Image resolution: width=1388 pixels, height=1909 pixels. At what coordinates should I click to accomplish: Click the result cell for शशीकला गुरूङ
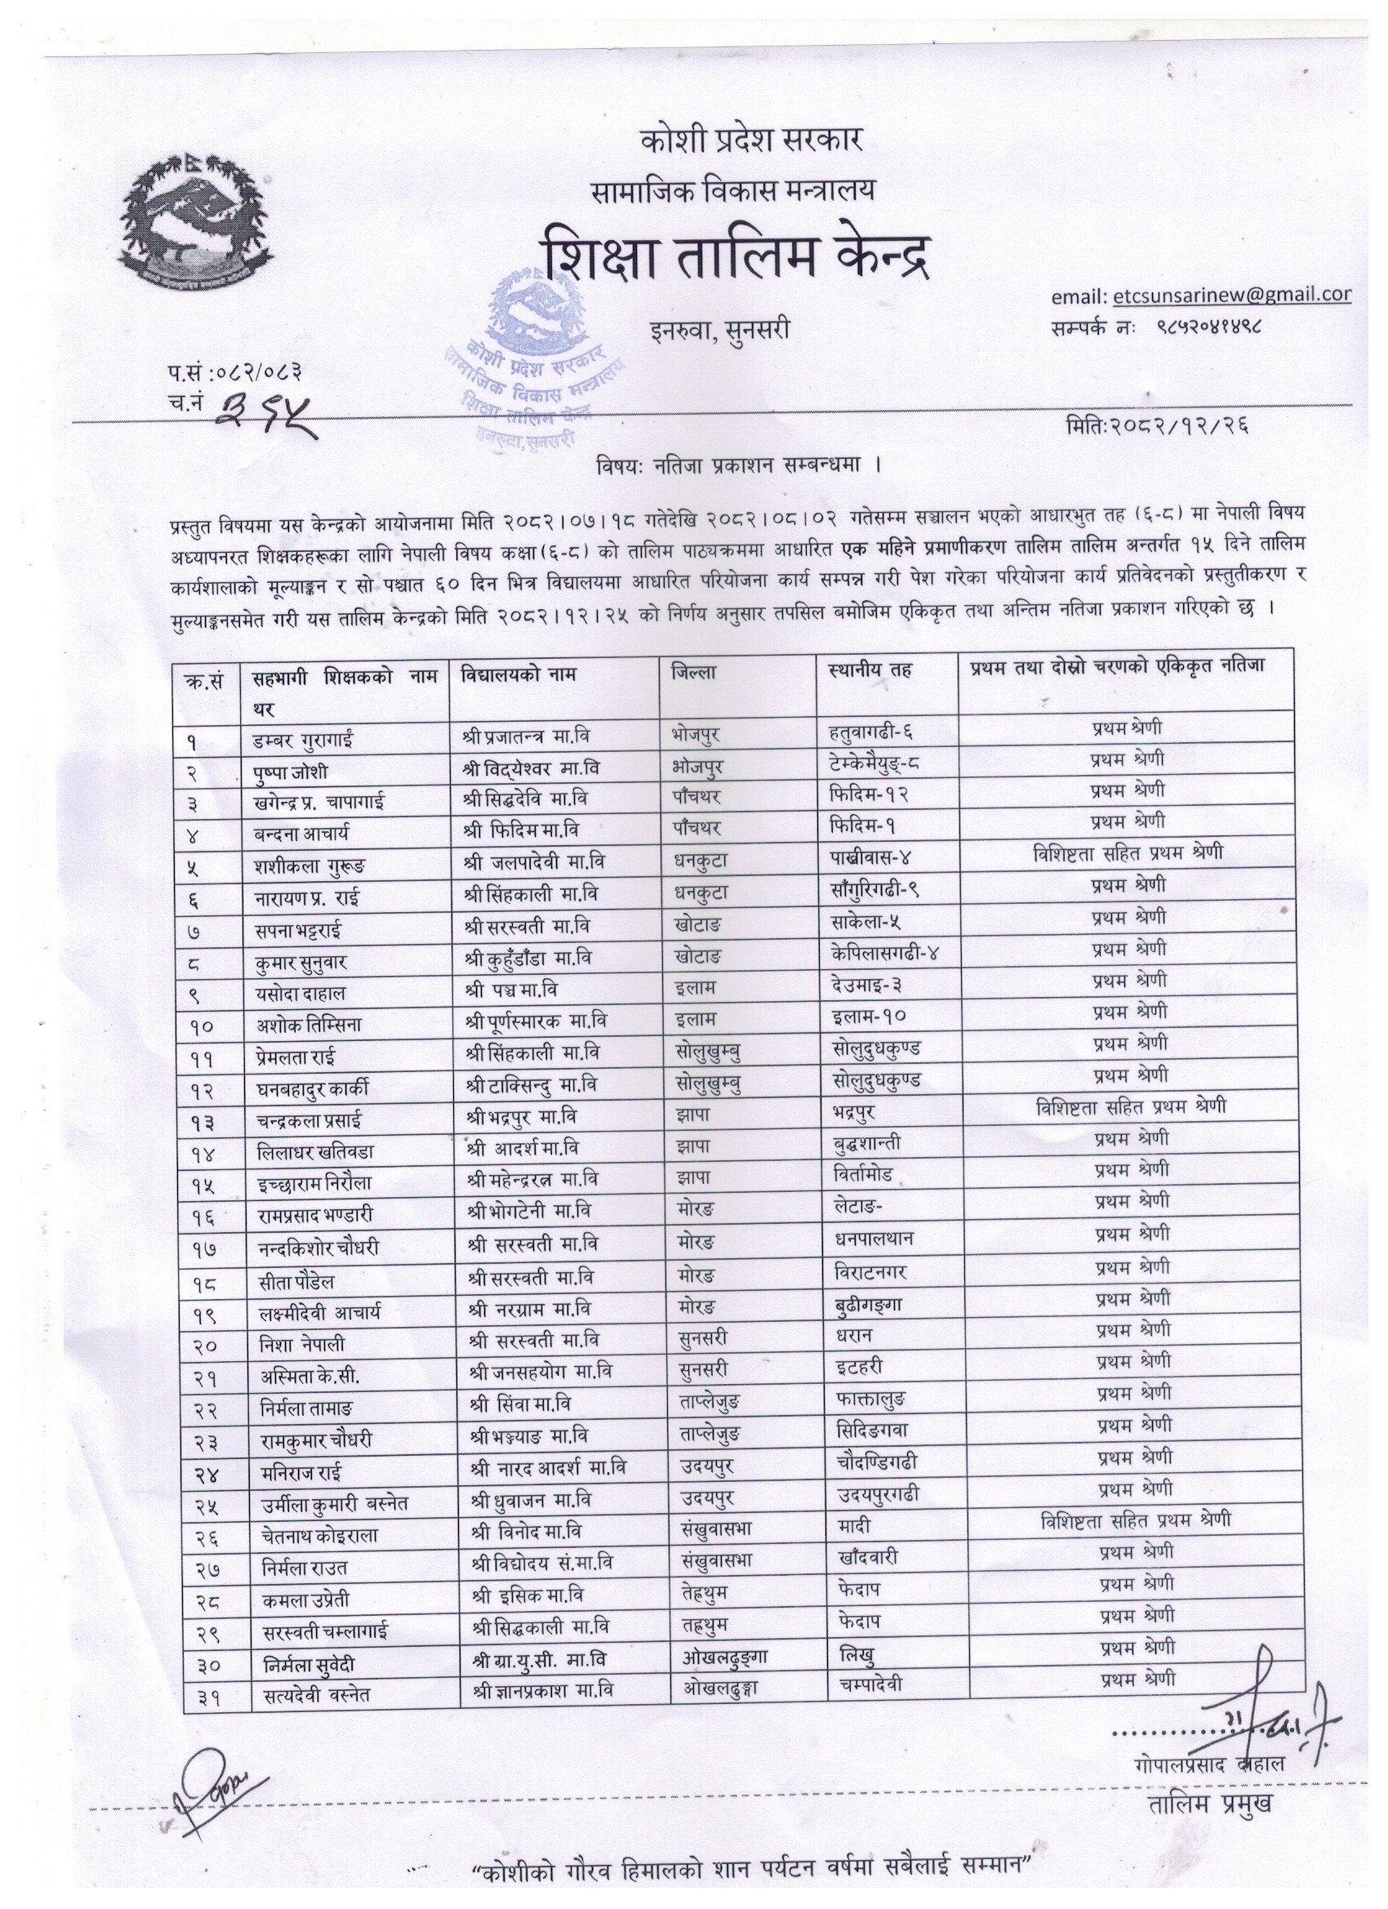[1127, 853]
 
